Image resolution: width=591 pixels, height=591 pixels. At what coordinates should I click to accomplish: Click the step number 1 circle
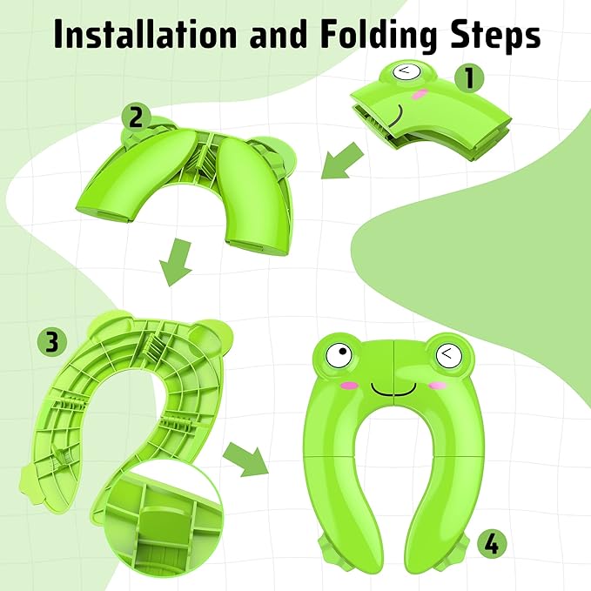(469, 78)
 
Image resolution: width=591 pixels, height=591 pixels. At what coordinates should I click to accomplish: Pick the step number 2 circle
(136, 117)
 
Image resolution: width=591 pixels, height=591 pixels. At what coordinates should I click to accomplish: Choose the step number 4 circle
(491, 545)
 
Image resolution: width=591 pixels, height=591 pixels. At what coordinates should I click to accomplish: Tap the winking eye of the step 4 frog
(446, 353)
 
